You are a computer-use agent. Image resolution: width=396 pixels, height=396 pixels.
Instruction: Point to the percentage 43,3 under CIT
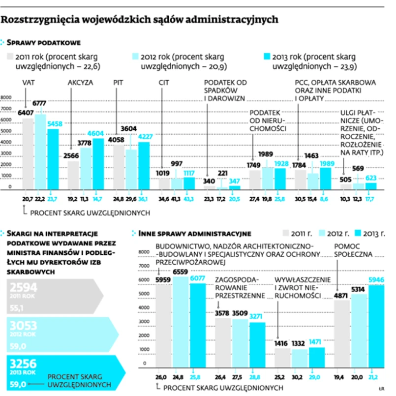coord(188,198)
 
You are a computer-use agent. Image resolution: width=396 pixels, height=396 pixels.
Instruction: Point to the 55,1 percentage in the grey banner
coord(18,307)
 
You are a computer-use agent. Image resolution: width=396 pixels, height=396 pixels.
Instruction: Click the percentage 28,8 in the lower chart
coord(256,376)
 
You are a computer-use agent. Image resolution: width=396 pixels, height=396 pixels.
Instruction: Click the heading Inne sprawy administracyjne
coord(195,233)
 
